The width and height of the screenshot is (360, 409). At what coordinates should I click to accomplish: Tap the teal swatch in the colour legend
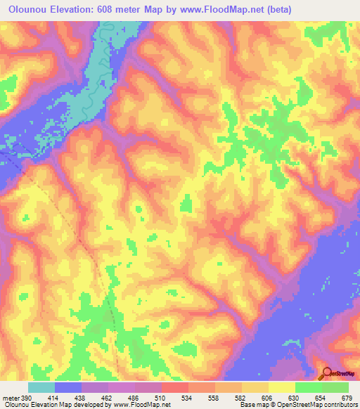click(41, 387)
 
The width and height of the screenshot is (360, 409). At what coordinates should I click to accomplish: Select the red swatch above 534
click(176, 387)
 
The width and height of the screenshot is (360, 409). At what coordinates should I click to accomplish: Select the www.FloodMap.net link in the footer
click(144, 405)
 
